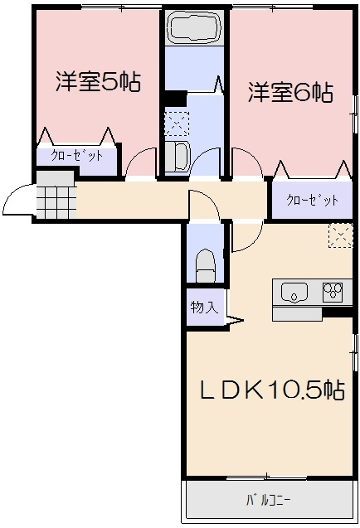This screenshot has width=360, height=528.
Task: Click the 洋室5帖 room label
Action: [98, 81]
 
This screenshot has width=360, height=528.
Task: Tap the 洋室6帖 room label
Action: [290, 92]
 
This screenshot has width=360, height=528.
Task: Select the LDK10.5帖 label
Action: [272, 390]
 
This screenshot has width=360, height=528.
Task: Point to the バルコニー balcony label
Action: [268, 501]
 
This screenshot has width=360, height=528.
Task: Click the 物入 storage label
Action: [205, 307]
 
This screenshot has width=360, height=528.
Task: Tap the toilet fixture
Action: [205, 266]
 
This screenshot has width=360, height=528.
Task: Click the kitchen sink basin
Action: [294, 292]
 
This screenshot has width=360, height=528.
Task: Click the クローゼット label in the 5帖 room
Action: [76, 156]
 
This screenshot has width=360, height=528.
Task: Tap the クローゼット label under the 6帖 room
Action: [312, 200]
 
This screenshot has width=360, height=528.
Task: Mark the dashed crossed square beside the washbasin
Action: [177, 124]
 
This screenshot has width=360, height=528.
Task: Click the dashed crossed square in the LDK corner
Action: [341, 235]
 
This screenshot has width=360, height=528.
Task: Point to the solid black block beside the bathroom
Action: [176, 99]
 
